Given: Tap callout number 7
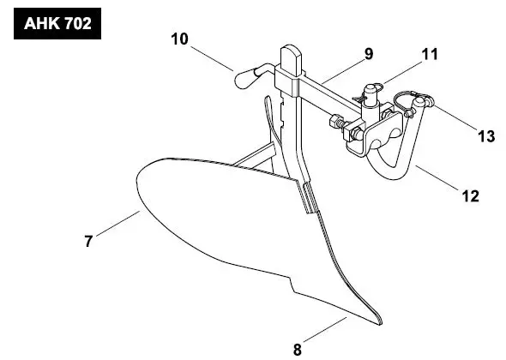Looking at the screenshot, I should tap(87, 241).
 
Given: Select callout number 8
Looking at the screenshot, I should tap(298, 348).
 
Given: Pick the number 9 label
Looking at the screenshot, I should tap(368, 54).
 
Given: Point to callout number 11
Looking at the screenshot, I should tap(429, 54).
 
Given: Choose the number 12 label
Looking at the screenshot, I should tap(470, 196).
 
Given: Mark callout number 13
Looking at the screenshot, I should tap(485, 135).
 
